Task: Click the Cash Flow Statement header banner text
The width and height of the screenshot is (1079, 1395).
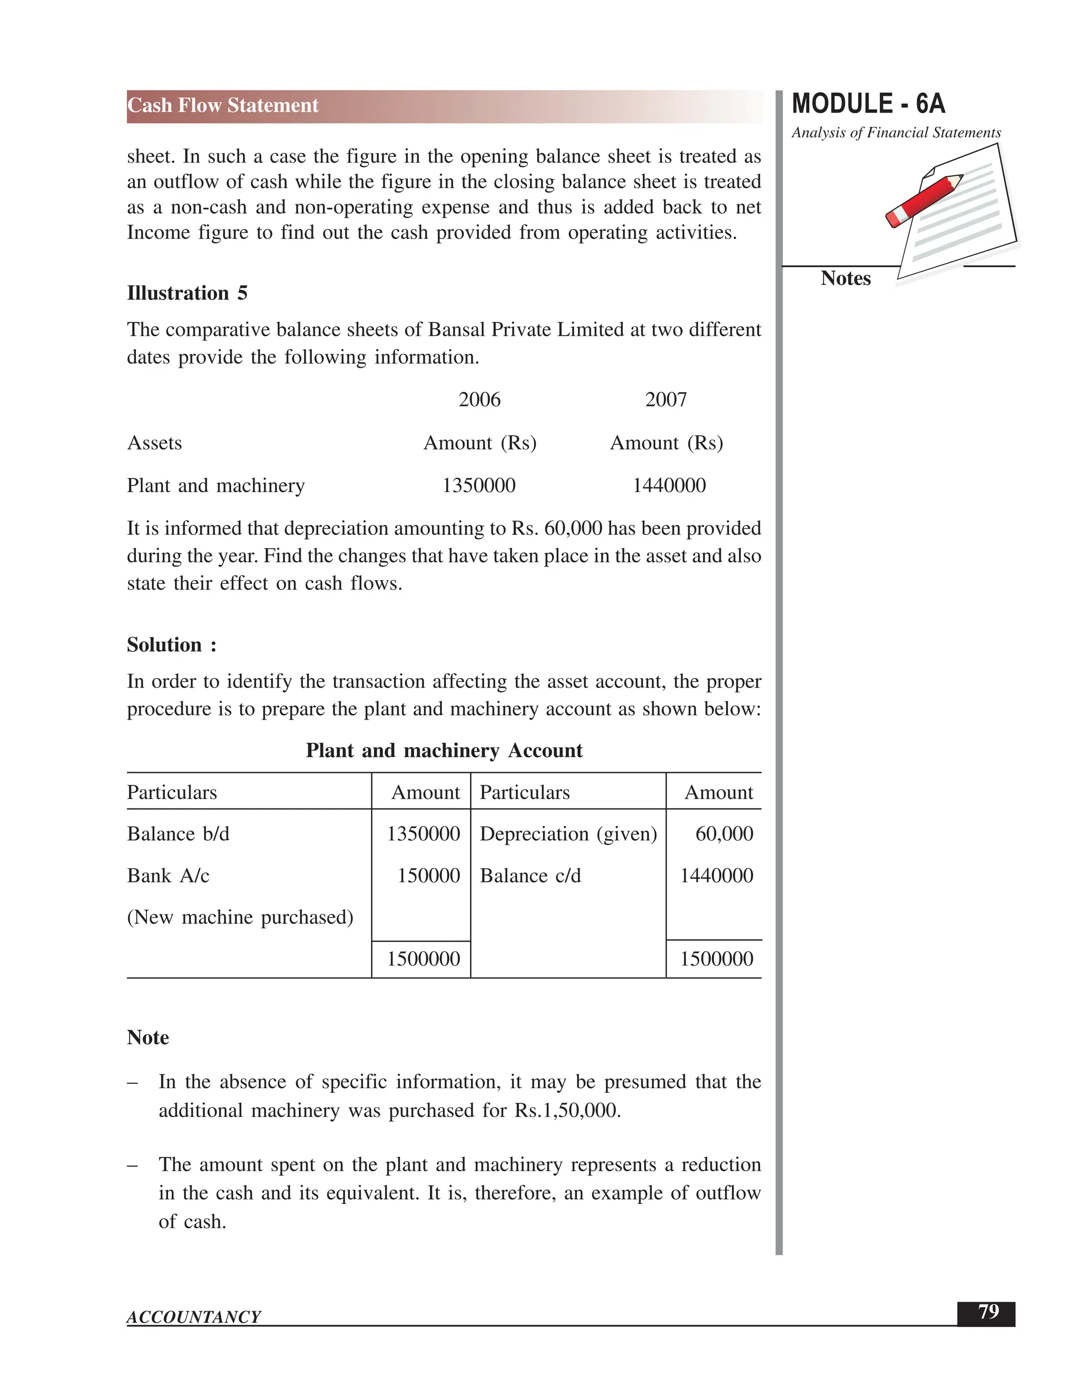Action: click(222, 105)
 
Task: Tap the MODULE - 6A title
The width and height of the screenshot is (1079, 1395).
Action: click(868, 104)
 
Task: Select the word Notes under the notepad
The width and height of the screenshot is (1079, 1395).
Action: click(845, 278)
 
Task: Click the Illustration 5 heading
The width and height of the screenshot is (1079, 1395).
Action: click(187, 293)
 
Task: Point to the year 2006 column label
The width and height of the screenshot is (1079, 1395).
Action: click(479, 400)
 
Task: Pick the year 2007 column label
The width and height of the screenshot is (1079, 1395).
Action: click(665, 400)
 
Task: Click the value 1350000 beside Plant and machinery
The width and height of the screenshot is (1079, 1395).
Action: click(479, 485)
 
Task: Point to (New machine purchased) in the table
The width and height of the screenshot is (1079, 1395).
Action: click(240, 917)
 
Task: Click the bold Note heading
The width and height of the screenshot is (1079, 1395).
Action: click(148, 1038)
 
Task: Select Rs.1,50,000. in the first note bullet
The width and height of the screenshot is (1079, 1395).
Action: click(567, 1110)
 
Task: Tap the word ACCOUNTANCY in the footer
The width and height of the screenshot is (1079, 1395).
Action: click(194, 1317)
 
